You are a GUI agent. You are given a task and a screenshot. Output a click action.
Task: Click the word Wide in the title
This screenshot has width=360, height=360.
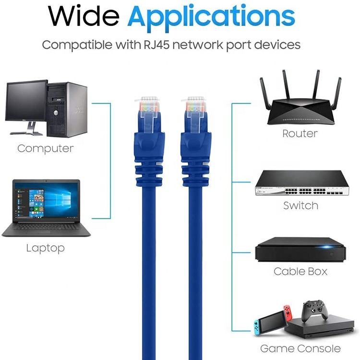coord(84,16)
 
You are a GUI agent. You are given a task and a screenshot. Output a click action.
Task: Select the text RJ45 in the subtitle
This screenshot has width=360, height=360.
coord(156,45)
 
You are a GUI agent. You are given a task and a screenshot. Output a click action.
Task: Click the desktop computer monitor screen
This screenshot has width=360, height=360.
coord(26,101)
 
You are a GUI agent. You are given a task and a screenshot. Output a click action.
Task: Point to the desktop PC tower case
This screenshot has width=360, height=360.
coord(67,109)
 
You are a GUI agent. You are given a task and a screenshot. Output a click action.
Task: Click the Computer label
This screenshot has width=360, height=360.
coord(46,149)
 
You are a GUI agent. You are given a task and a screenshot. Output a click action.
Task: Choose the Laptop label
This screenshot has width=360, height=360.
coord(46,249)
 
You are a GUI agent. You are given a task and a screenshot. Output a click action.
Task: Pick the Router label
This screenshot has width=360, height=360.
coord(300,133)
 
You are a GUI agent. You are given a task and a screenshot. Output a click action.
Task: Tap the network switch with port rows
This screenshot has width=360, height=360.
coord(302,183)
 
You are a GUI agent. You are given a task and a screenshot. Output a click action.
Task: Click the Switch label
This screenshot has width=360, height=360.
coord(301,205)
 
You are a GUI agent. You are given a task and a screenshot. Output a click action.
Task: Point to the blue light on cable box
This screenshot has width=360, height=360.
coord(327,247)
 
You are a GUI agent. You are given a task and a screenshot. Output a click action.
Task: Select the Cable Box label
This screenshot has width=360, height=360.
coord(300,272)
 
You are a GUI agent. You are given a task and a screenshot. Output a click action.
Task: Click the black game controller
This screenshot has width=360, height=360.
coord(314,311)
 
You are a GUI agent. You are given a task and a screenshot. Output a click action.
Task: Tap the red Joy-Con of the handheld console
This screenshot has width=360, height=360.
coord(288,313)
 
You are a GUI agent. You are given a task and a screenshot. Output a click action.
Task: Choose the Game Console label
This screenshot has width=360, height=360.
coord(300,348)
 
